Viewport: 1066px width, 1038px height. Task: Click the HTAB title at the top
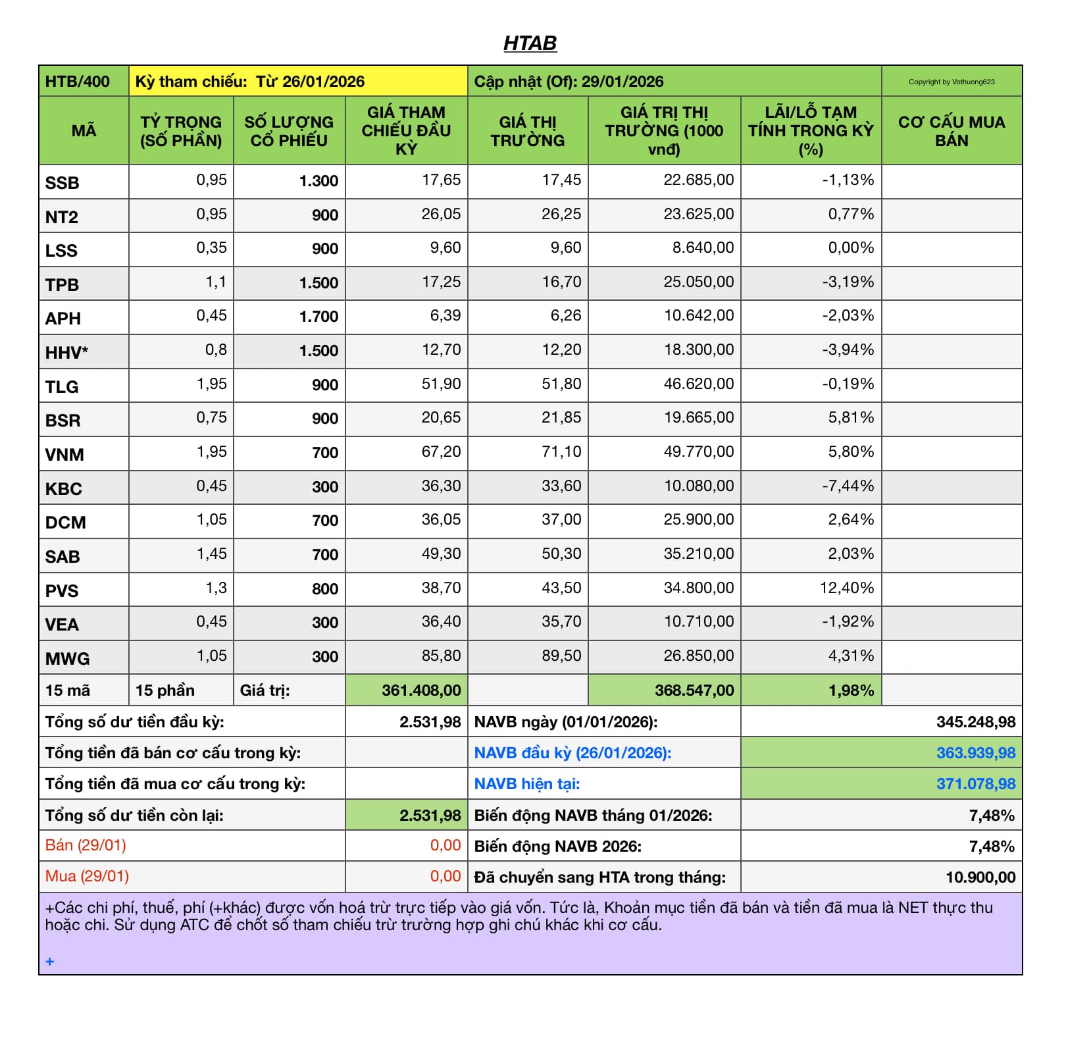[x=530, y=43]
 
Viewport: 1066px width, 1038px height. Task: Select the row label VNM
[x=64, y=455]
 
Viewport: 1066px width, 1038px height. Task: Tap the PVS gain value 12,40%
[x=846, y=588]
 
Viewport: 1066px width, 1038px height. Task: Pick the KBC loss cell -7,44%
[x=848, y=486]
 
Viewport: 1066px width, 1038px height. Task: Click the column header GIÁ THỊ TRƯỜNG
[x=528, y=131]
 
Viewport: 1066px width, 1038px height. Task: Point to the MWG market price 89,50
[x=561, y=656]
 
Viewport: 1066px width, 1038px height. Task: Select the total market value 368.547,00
[x=694, y=690]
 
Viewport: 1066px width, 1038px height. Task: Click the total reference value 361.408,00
[x=421, y=690]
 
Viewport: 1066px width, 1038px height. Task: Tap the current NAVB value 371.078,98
[x=975, y=784]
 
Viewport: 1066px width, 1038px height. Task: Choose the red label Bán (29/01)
[x=86, y=845]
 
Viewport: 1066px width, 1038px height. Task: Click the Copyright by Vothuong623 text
[x=952, y=82]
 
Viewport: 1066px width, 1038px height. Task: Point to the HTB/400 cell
[x=77, y=82]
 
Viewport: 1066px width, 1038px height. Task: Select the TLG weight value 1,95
[x=211, y=384]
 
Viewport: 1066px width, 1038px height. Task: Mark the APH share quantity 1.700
[x=318, y=317]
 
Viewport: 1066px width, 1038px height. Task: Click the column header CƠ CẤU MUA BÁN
[x=952, y=131]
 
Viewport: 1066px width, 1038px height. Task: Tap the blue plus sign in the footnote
[x=50, y=962]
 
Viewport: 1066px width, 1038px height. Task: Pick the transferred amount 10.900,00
[x=980, y=877]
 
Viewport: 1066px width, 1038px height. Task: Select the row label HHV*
[x=66, y=353]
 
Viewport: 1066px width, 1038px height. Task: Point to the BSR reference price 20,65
[x=441, y=418]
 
